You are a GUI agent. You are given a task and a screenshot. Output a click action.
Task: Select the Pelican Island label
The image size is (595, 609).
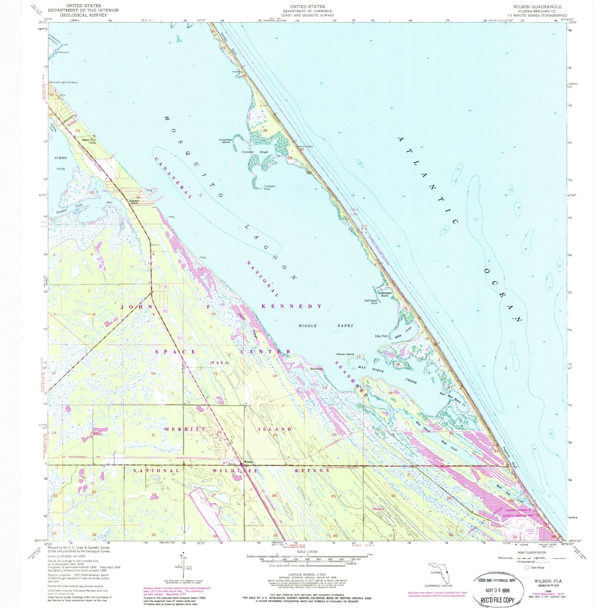(x=345, y=354)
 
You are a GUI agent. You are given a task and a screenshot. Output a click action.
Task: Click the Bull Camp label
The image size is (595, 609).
(x=317, y=369)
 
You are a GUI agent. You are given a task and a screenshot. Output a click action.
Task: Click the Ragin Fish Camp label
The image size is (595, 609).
(x=89, y=141)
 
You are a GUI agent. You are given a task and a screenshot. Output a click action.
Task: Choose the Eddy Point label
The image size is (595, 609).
(x=381, y=336)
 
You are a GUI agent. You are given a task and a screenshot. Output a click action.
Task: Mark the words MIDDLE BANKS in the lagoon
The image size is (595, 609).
(x=325, y=326)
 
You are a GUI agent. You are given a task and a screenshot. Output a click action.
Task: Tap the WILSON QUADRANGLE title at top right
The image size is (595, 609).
(x=537, y=7)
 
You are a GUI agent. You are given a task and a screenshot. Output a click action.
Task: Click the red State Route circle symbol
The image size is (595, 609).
(x=527, y=567)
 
